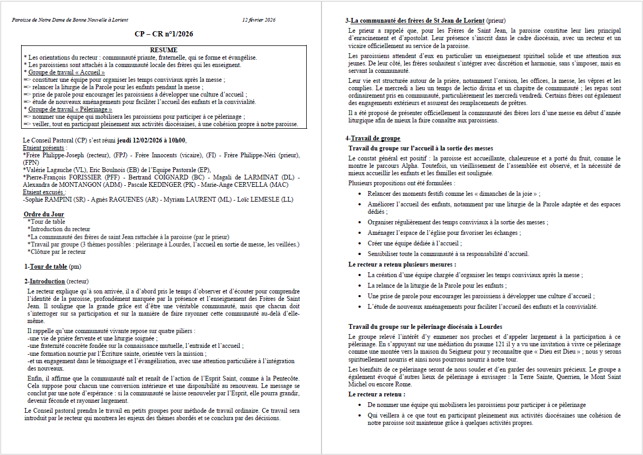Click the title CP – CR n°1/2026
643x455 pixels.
click(x=163, y=34)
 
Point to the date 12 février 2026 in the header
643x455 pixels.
click(x=259, y=20)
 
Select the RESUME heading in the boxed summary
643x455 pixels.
click(x=164, y=50)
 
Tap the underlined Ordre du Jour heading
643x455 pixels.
click(x=44, y=214)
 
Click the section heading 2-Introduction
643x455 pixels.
click(x=45, y=281)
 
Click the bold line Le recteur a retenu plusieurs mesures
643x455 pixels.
click(x=402, y=264)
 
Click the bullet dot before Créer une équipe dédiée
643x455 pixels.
click(x=359, y=243)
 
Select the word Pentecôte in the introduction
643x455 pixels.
click(x=285, y=378)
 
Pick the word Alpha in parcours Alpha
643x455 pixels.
click(x=468, y=165)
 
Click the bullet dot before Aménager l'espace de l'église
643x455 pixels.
click(x=359, y=233)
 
